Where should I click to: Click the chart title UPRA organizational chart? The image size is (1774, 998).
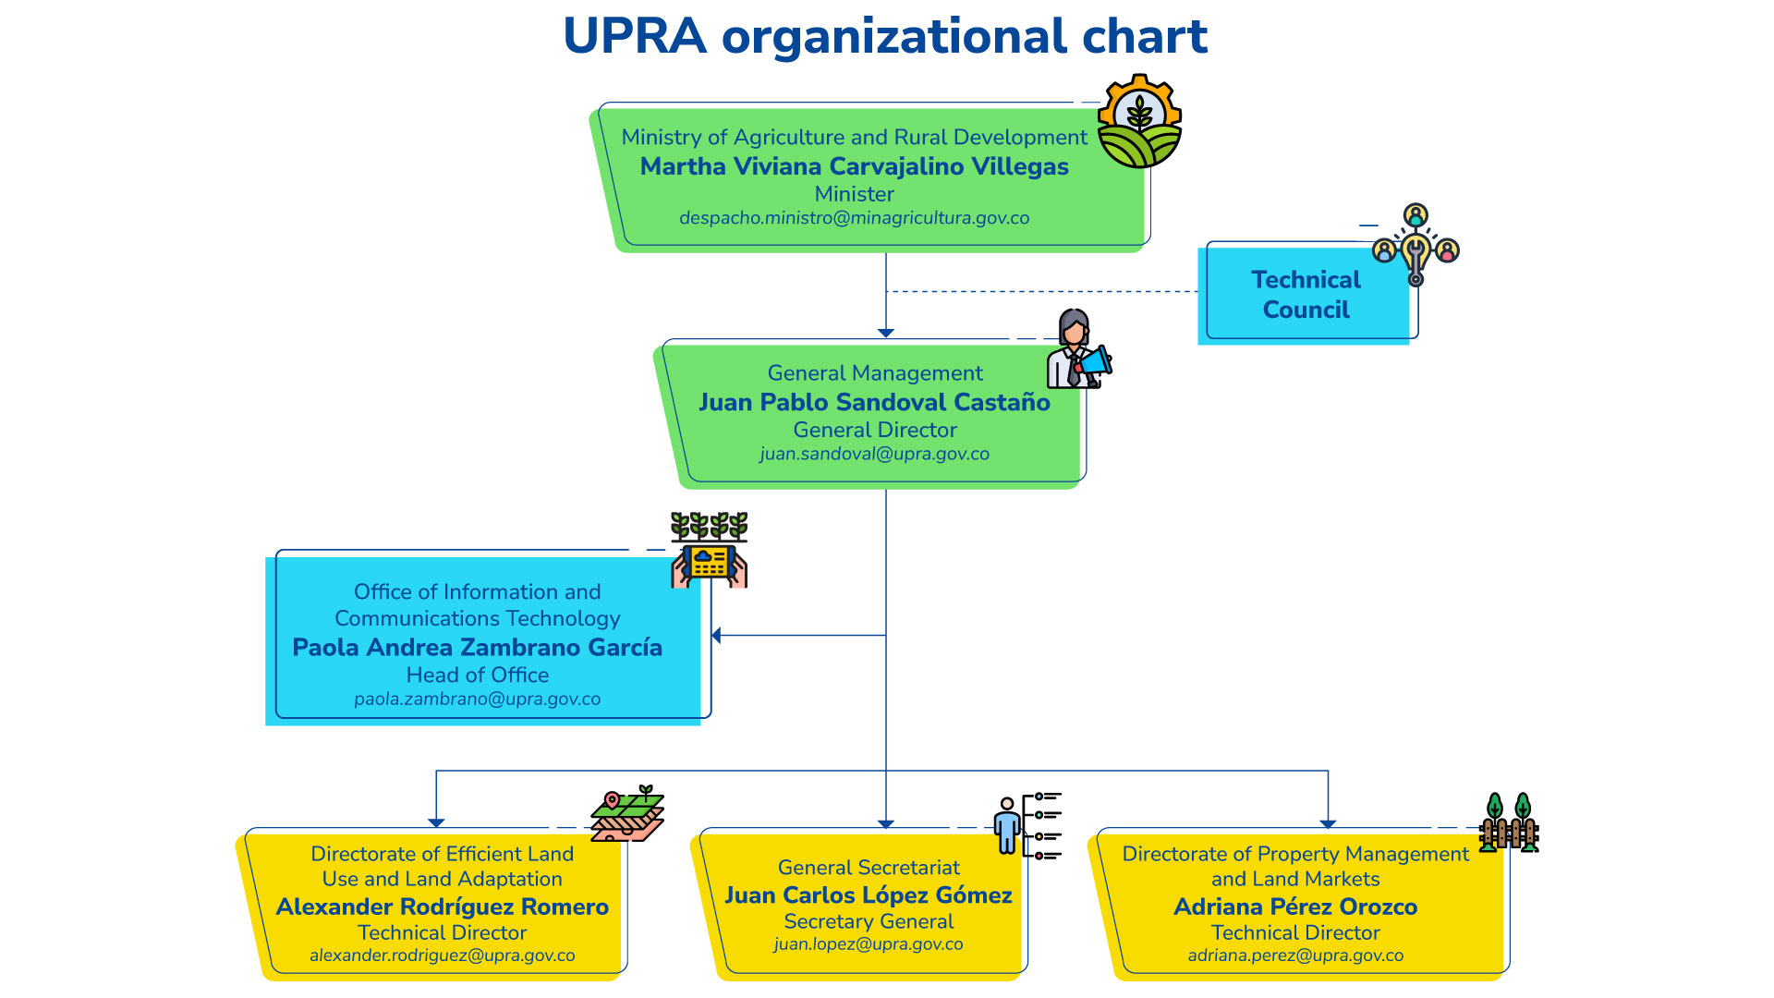tap(885, 37)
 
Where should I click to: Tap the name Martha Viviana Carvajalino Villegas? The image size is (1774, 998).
tap(854, 166)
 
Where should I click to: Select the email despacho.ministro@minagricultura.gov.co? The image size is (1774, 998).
tap(854, 218)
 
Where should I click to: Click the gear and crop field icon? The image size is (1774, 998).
tap(1139, 122)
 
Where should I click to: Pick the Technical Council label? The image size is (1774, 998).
tap(1305, 294)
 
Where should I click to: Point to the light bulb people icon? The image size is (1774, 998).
tap(1415, 245)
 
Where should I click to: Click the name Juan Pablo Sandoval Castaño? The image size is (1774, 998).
tap(874, 402)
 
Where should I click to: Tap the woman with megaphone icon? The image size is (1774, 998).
tap(1077, 349)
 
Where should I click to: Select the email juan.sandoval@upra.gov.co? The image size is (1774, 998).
tap(874, 454)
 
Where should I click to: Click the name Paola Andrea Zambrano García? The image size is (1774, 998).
tap(477, 647)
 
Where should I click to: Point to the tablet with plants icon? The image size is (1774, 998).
tap(709, 551)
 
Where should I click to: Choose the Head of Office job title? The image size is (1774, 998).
tap(477, 675)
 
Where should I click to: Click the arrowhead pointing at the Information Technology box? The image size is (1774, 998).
tap(716, 635)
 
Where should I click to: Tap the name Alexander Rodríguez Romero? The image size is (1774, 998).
tap(442, 907)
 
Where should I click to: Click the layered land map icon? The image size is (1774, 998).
tap(627, 814)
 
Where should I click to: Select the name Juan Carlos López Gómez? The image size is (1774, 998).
tap(868, 895)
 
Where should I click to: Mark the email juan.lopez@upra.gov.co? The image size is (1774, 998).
tap(868, 944)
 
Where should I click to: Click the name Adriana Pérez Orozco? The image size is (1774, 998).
tap(1294, 907)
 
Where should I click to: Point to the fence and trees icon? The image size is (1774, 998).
tap(1508, 822)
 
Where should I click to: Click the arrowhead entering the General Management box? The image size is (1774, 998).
tap(885, 333)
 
